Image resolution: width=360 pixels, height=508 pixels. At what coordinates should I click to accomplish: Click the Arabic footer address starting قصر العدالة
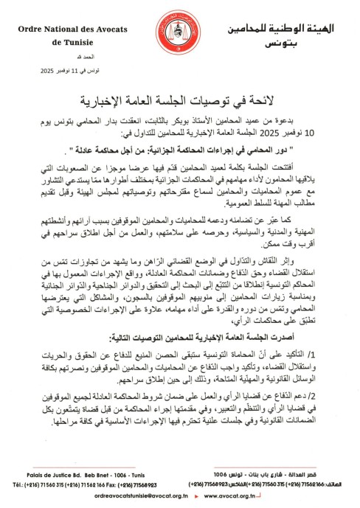click(x=286, y=473)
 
